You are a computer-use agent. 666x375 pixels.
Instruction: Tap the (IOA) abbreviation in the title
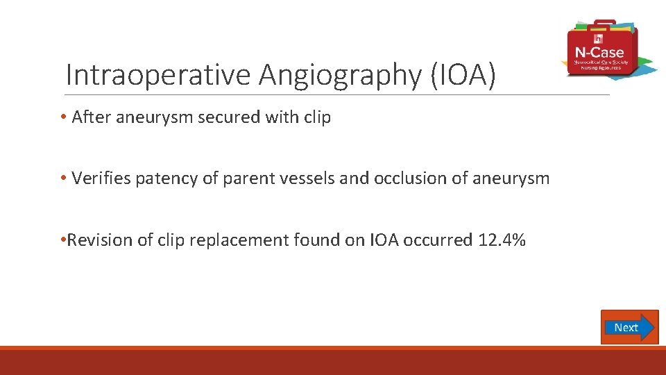click(x=463, y=74)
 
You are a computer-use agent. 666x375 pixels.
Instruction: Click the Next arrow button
click(x=629, y=327)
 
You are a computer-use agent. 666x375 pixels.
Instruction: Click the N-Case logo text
click(x=599, y=52)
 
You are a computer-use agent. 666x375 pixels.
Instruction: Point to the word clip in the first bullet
click(x=317, y=118)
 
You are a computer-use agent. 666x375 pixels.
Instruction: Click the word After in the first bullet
click(x=91, y=118)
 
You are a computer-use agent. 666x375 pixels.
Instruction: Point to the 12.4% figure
click(x=502, y=240)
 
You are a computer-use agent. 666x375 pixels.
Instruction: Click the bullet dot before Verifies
click(x=63, y=178)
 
